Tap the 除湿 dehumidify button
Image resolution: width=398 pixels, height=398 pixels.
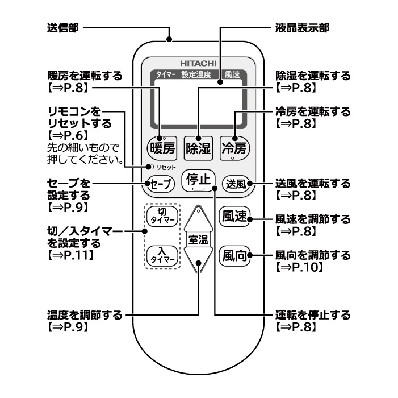click(x=198, y=149)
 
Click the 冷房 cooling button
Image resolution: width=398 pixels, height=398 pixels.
click(x=234, y=149)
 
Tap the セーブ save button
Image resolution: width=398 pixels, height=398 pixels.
click(x=160, y=184)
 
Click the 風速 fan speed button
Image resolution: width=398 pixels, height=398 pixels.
click(x=234, y=218)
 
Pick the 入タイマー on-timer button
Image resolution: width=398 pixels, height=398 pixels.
click(x=160, y=254)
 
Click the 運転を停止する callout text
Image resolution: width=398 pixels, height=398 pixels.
click(x=313, y=315)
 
